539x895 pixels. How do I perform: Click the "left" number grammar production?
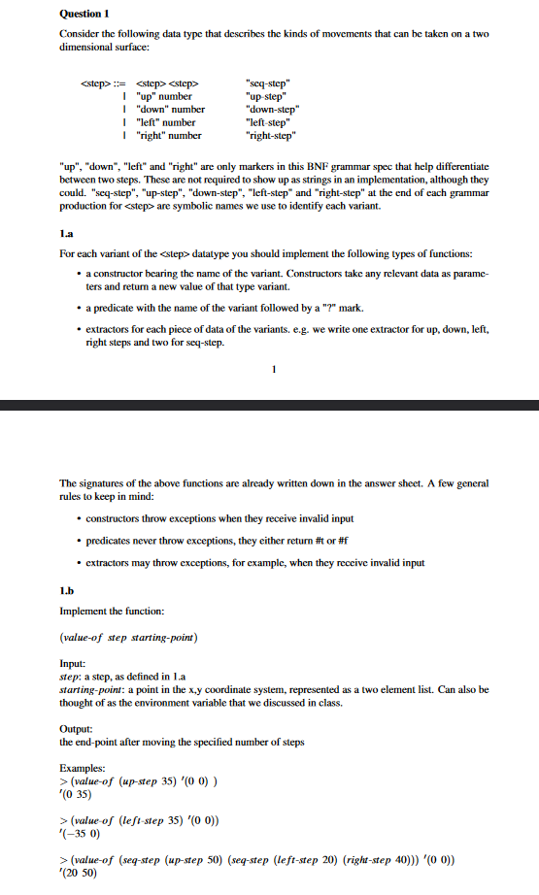click(166, 122)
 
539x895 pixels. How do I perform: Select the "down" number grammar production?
click(170, 110)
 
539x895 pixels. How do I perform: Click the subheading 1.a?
click(67, 235)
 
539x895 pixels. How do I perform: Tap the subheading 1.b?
click(67, 588)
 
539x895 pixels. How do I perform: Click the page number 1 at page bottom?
click(275, 369)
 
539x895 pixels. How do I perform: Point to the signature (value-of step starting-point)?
click(129, 637)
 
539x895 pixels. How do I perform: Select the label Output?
click(77, 728)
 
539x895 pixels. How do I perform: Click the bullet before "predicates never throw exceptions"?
click(78, 540)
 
